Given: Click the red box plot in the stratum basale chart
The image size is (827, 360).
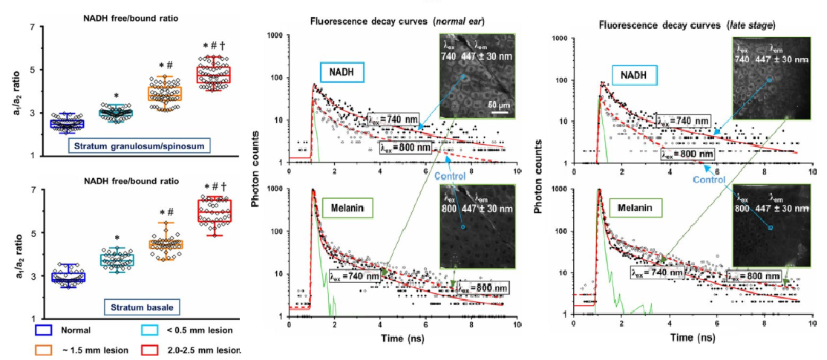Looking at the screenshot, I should pyautogui.click(x=212, y=211).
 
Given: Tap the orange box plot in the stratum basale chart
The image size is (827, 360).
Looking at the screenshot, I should pyautogui.click(x=168, y=244).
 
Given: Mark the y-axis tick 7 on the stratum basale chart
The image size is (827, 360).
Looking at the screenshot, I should pyautogui.click(x=33, y=190).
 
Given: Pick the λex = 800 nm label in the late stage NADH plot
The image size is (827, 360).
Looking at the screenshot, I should pyautogui.click(x=686, y=154).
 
